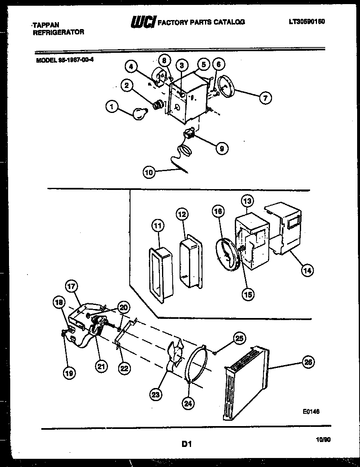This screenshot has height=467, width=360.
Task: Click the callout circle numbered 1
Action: click(x=110, y=107)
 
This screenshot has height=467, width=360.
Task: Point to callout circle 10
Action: click(x=149, y=173)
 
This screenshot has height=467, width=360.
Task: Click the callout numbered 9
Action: click(x=221, y=149)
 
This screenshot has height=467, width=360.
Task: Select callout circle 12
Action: click(x=182, y=214)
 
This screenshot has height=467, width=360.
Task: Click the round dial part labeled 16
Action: click(x=225, y=254)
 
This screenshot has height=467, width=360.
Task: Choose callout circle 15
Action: click(x=248, y=293)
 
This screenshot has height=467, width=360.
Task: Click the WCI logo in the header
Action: click(x=142, y=22)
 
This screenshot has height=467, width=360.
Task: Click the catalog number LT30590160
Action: click(x=306, y=22)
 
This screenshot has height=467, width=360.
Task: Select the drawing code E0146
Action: click(x=311, y=412)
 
